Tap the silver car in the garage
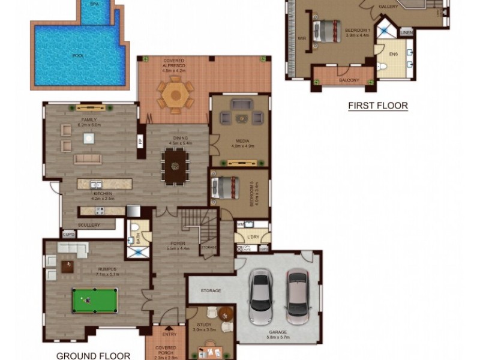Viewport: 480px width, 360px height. pos(261,295)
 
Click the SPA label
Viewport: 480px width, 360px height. pos(94,4)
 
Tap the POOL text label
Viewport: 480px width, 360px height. pos(78,57)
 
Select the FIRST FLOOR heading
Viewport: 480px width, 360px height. pos(378,106)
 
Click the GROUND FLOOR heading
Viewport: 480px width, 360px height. pos(93,356)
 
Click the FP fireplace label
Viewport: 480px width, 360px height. pos(140,142)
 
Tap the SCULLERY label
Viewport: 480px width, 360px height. pos(89,225)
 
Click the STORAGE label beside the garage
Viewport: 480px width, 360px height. pos(211,291)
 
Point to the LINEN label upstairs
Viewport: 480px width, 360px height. pos(406,31)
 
